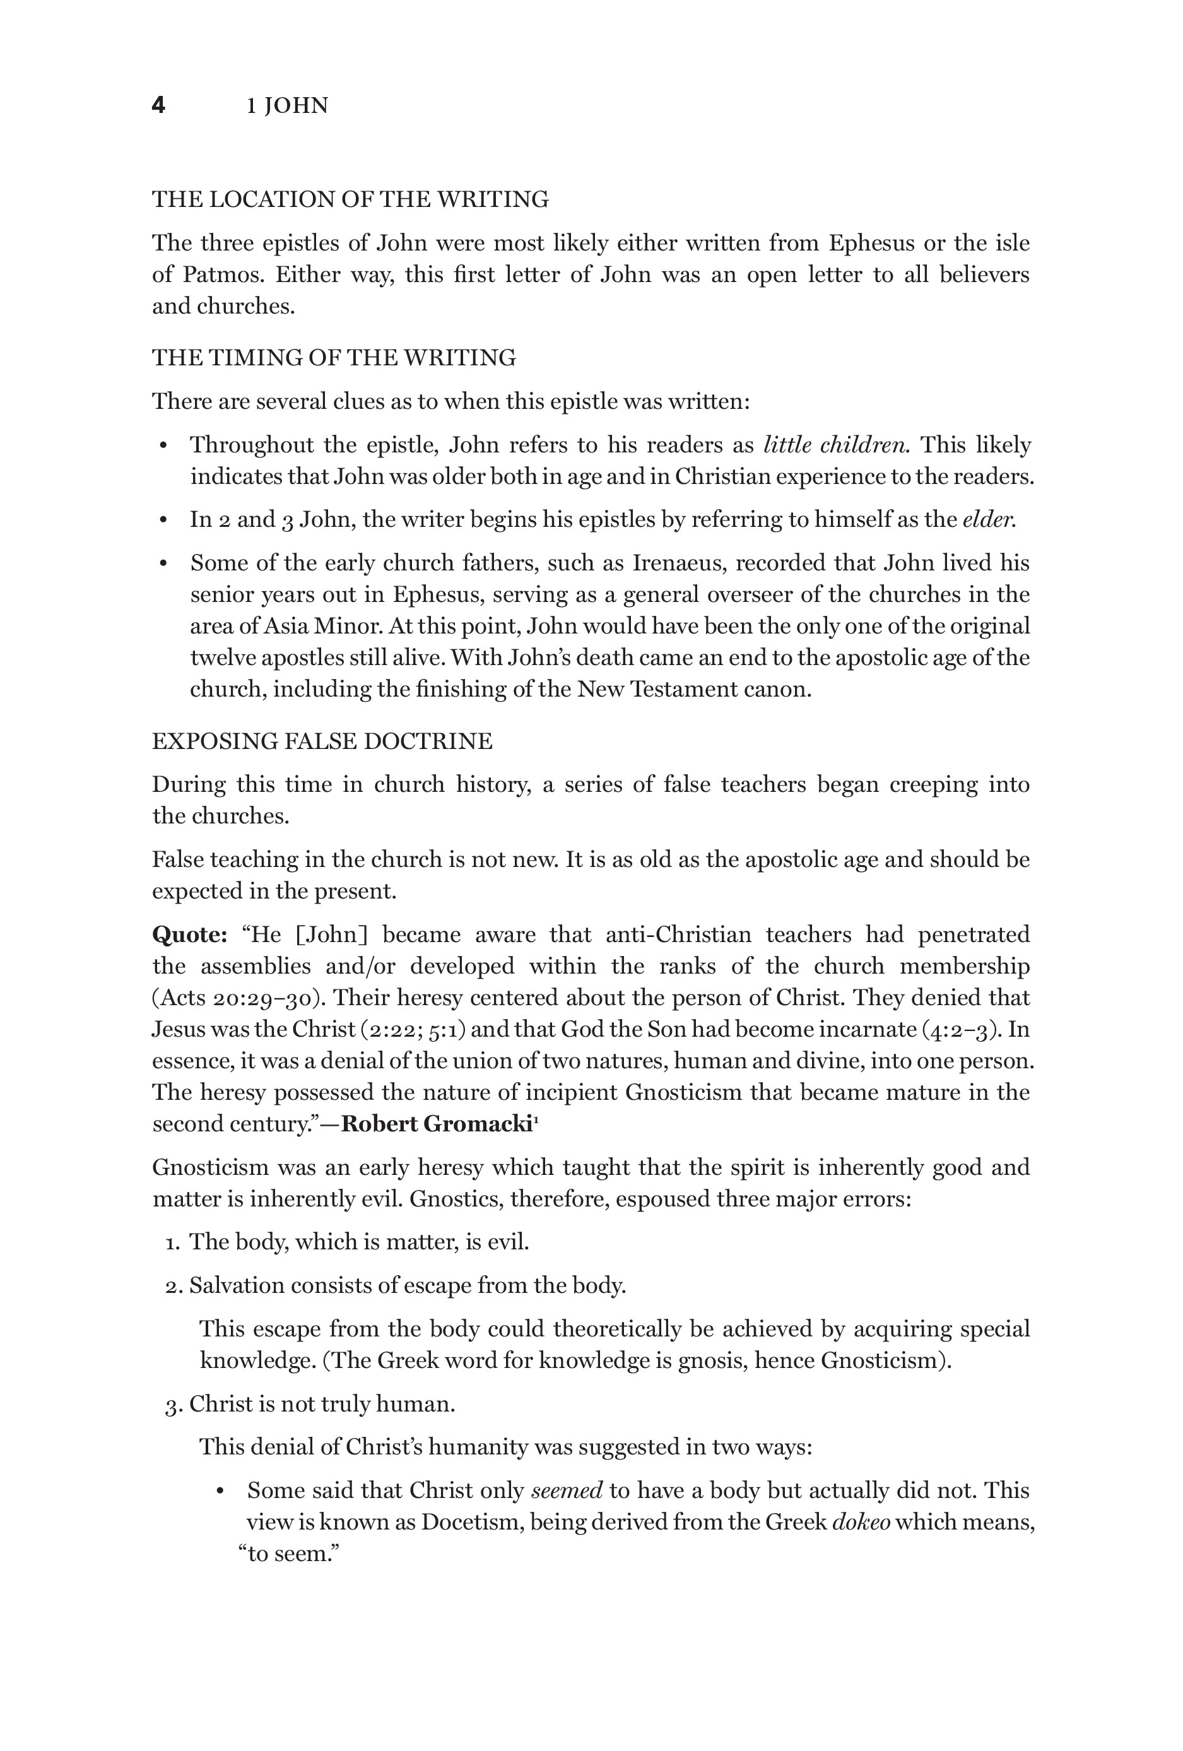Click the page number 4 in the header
coord(158,105)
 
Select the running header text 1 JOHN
coord(287,106)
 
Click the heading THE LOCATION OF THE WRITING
coord(350,199)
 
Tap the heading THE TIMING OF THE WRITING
coord(334,358)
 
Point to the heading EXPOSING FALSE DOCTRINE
coord(322,741)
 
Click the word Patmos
coord(223,274)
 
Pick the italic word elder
coord(989,520)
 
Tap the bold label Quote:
coord(190,935)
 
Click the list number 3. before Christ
coord(174,1405)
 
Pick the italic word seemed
coord(567,1491)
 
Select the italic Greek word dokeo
coord(861,1523)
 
